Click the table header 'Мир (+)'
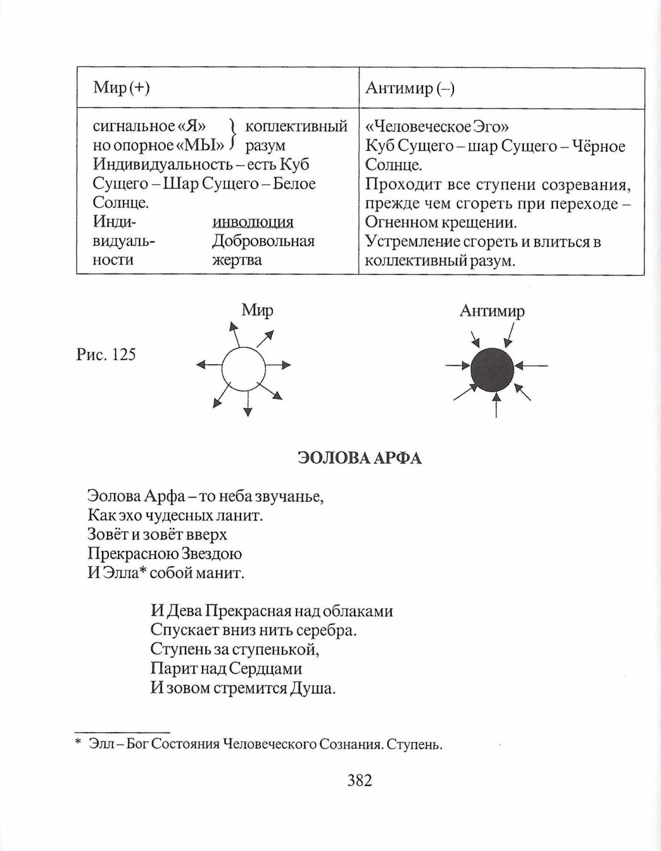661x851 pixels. tap(121, 88)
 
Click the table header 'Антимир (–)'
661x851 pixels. tap(410, 88)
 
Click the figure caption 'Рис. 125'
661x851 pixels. tap(106, 355)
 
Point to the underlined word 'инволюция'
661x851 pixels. tap(253, 222)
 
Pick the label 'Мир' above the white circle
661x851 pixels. tap(257, 310)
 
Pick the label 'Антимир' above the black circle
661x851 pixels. tap(492, 311)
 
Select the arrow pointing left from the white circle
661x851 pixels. tap(209, 365)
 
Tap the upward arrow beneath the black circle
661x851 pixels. tap(496, 405)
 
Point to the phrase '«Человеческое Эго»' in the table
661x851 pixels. tap(437, 127)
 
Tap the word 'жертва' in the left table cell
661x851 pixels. tap(237, 260)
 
